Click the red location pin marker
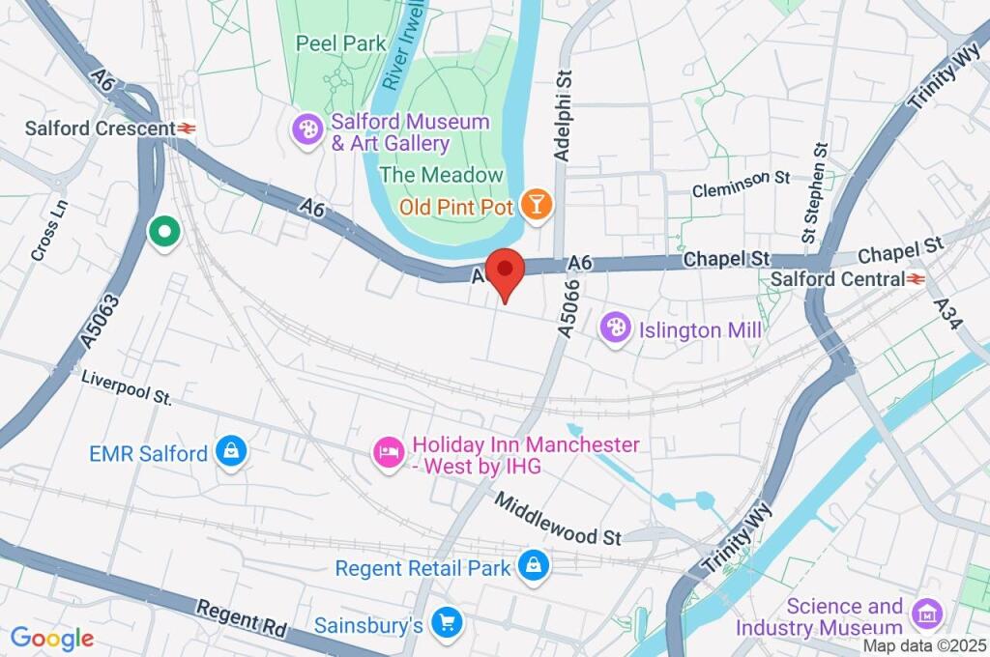(x=504, y=270)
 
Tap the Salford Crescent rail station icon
(x=188, y=128)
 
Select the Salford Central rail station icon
(x=915, y=278)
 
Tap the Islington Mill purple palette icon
(x=615, y=329)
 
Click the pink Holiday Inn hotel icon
(x=388, y=452)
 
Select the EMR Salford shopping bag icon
(x=231, y=450)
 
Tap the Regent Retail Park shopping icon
(x=532, y=567)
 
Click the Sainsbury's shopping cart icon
(x=447, y=623)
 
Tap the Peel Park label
(x=341, y=43)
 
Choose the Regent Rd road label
(x=241, y=616)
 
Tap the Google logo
(x=52, y=638)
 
